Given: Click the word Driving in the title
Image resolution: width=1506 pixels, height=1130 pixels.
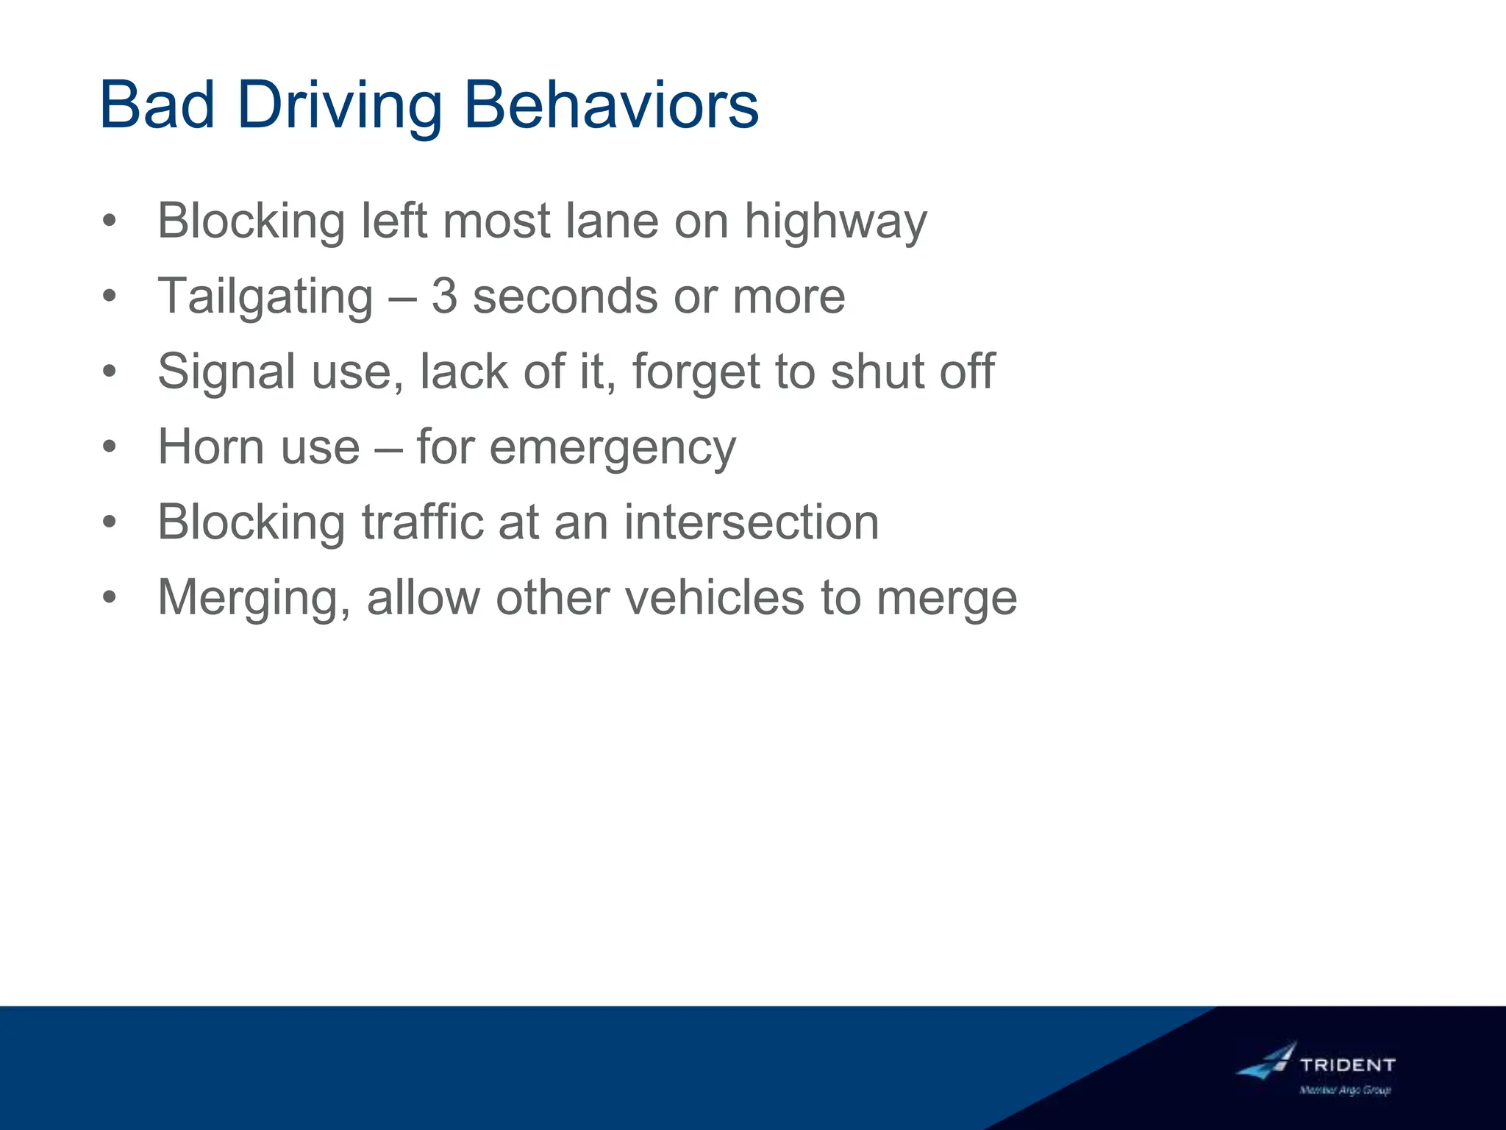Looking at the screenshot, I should click(340, 107).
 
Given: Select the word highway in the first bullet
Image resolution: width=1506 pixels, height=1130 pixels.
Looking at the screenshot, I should click(835, 222).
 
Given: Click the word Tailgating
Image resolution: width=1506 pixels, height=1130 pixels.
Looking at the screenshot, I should click(265, 298).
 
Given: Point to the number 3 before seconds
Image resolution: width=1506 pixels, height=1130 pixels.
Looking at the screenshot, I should click(444, 296).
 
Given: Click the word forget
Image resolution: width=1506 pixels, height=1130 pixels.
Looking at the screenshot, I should click(696, 373).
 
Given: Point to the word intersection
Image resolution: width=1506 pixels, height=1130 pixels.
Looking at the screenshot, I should click(752, 522).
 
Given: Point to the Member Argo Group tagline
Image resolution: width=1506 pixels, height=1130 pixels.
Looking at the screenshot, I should click(1345, 1090).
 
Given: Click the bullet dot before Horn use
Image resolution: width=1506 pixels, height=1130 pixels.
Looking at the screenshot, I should click(110, 447).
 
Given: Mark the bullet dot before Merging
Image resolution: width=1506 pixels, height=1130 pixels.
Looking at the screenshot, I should click(110, 597).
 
